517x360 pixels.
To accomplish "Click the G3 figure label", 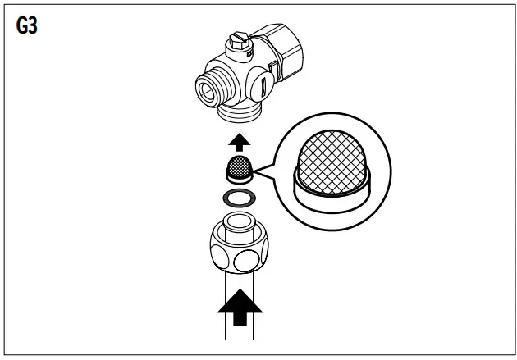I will coord(28,25).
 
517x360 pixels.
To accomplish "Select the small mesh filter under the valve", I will coord(238,166).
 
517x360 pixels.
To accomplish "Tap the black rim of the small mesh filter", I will coord(238,176).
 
